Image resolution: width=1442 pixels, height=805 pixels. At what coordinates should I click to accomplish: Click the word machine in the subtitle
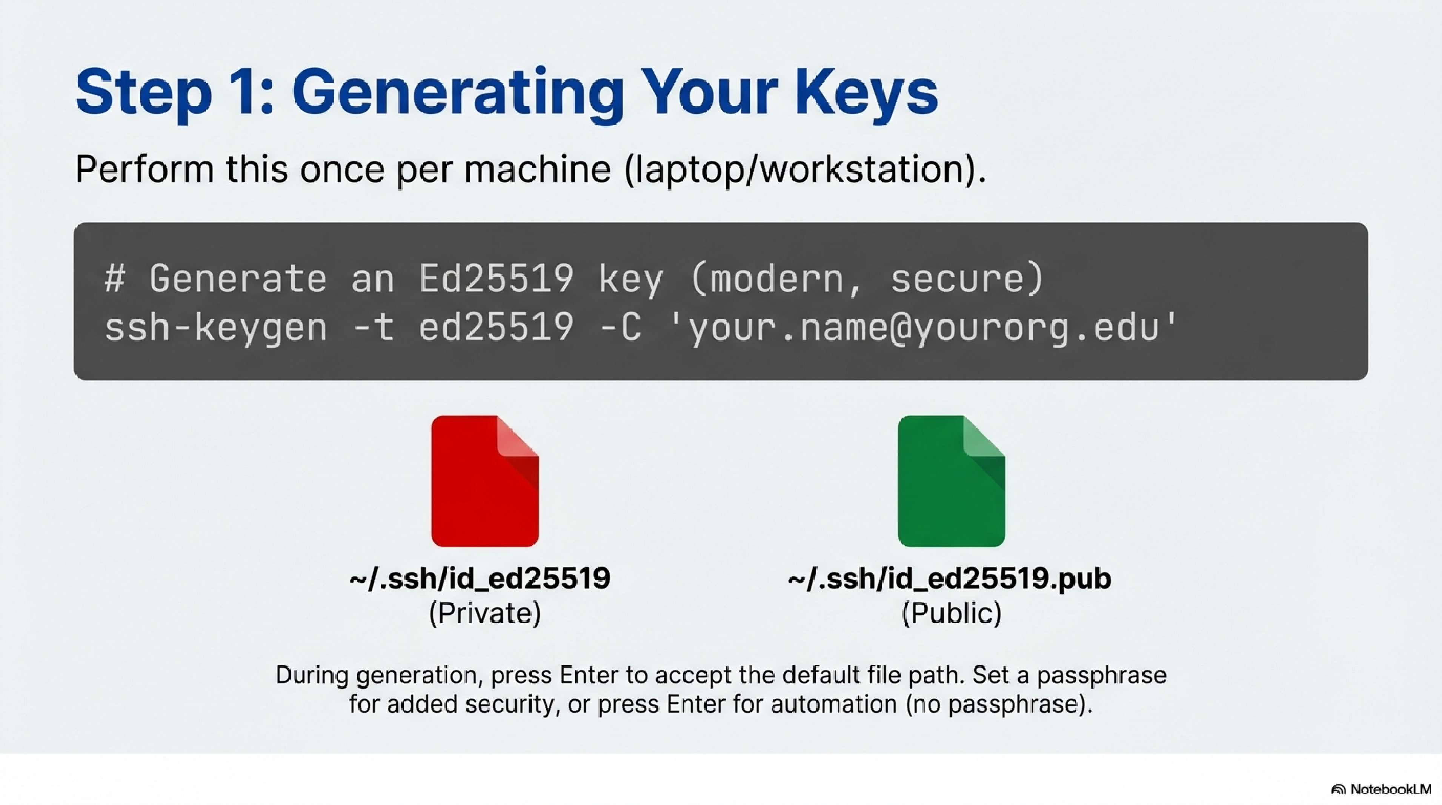tap(537, 169)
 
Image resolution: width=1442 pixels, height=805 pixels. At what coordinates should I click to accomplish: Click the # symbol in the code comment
tap(115, 279)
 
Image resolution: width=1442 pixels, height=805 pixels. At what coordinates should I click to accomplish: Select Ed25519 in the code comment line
tap(496, 279)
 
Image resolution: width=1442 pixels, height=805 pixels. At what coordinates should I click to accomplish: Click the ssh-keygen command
tap(215, 328)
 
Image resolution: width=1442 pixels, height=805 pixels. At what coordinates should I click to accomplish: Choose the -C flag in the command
tap(620, 328)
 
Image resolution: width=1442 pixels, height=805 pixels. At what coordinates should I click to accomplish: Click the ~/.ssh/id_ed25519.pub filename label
tap(949, 578)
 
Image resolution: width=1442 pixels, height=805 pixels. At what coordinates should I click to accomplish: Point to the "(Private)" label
tap(485, 613)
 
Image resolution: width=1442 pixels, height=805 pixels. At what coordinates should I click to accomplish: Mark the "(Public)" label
tap(951, 613)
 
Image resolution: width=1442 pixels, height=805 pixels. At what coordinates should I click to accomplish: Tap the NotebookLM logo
tap(1381, 789)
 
